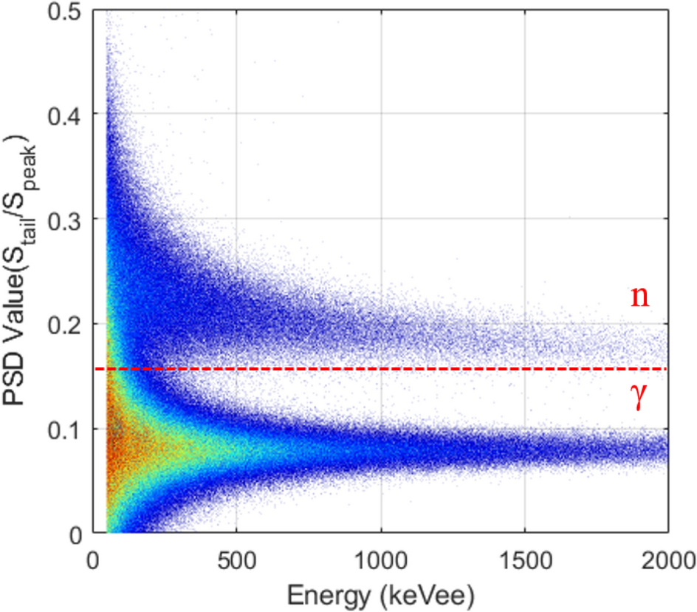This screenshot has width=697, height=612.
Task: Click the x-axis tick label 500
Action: click(x=236, y=555)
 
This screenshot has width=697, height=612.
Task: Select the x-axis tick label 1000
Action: click(x=380, y=555)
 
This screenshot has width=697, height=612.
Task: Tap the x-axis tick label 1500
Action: click(x=524, y=555)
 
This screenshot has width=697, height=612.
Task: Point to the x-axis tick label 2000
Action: click(x=667, y=555)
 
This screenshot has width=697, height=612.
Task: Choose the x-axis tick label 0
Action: click(x=93, y=555)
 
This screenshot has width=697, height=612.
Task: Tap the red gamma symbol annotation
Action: click(x=639, y=399)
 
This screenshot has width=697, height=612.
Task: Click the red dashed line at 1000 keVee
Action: click(x=380, y=368)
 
